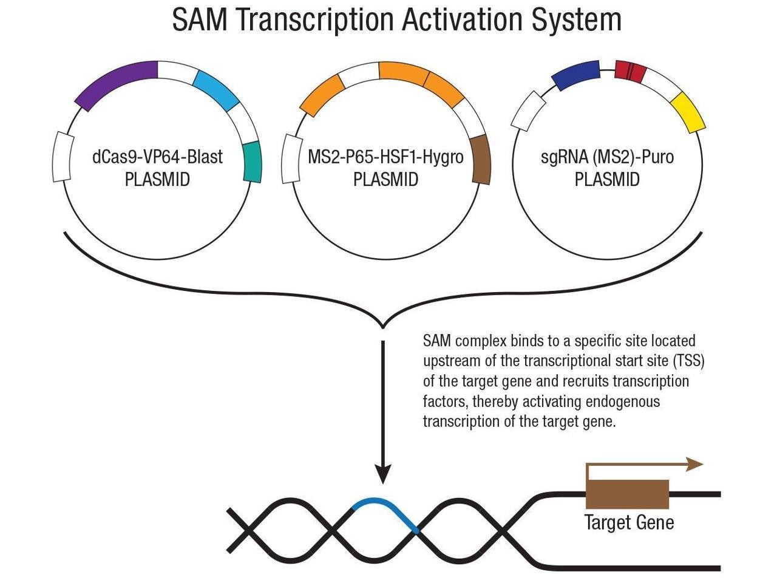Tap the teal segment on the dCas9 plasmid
(x=252, y=162)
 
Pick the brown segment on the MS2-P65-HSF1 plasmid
(x=480, y=159)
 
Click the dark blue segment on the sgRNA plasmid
(x=575, y=75)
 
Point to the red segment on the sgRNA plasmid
(x=628, y=70)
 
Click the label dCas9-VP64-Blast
(x=157, y=157)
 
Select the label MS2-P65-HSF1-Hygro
(x=385, y=157)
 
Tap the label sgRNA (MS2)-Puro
(x=607, y=157)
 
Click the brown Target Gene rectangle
(x=627, y=494)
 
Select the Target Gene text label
(x=629, y=522)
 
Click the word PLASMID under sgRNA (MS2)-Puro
(x=607, y=180)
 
